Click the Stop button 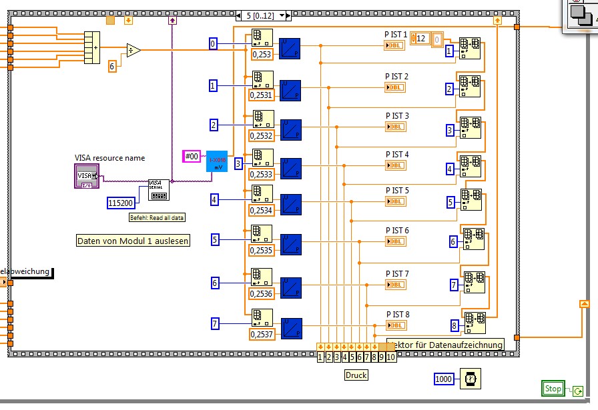point(553,389)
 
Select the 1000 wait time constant point(444,379)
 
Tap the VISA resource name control point(87,175)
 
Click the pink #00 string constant point(192,156)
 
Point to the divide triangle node point(133,50)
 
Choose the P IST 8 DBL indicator point(396,325)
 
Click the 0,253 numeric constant point(261,55)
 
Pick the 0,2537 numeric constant point(262,334)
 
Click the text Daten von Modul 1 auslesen point(133,241)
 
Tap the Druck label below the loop point(356,375)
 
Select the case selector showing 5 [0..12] point(264,15)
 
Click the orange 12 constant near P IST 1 point(421,39)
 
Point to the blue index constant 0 point(213,44)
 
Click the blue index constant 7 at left point(215,324)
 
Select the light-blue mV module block point(217,161)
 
